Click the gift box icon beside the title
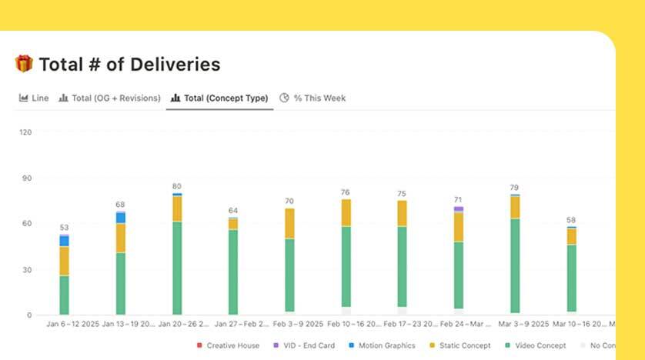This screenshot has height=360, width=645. pyautogui.click(x=24, y=64)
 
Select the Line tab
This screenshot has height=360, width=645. pyautogui.click(x=34, y=98)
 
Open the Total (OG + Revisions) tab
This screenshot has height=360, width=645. pyautogui.click(x=110, y=98)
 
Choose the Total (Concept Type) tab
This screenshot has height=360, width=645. pyautogui.click(x=219, y=98)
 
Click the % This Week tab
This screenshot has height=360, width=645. pyautogui.click(x=312, y=98)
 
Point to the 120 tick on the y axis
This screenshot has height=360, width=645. pyautogui.click(x=25, y=132)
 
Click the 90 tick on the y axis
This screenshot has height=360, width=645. pyautogui.click(x=27, y=178)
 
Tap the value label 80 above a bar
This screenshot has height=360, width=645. pyautogui.click(x=177, y=187)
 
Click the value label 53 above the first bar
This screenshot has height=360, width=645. pyautogui.click(x=64, y=228)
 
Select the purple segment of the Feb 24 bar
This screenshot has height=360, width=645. pyautogui.click(x=459, y=208)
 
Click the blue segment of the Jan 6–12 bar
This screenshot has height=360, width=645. pyautogui.click(x=65, y=241)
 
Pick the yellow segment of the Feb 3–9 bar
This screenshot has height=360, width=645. pyautogui.click(x=289, y=223)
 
